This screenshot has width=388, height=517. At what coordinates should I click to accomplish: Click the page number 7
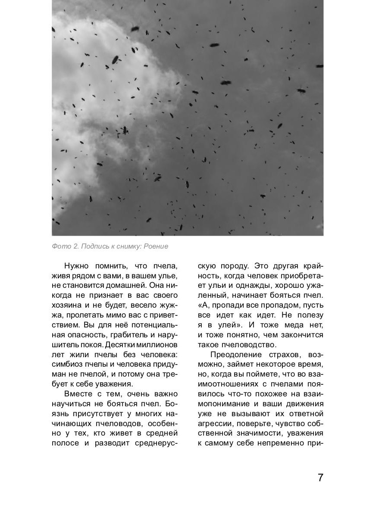pyautogui.click(x=320, y=477)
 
